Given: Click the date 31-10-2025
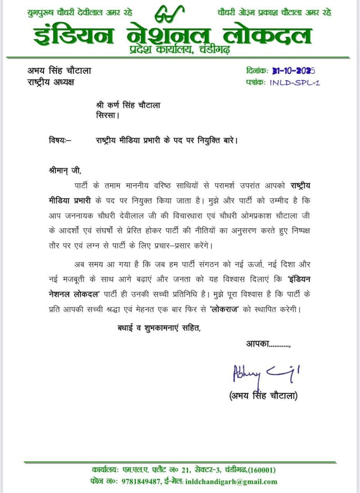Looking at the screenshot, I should (293, 71).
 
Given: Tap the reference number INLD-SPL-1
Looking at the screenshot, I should (295, 83).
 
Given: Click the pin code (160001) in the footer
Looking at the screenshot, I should (261, 470).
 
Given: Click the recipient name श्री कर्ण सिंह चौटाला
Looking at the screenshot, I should (126, 105).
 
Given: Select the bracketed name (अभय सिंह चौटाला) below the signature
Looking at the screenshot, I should (263, 396).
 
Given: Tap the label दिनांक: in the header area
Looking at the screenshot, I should (257, 71).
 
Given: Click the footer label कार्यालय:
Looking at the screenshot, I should (105, 470).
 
